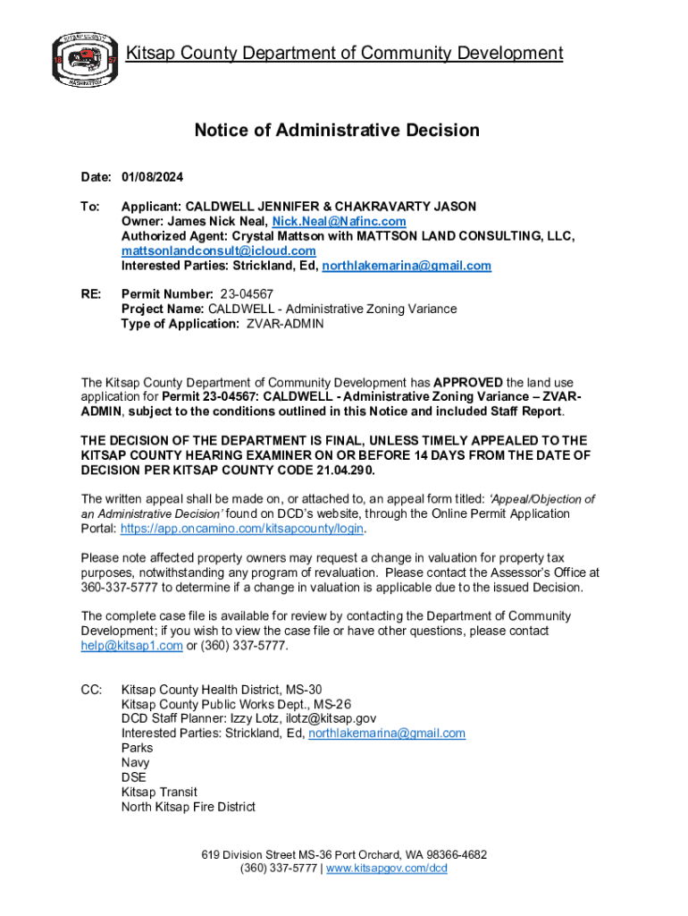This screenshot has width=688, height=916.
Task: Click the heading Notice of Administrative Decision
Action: pos(337,131)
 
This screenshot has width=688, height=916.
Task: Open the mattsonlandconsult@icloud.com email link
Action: pos(219,251)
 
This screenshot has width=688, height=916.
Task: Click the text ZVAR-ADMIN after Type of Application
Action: pos(285,324)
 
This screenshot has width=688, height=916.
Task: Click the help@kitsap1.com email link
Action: pos(131,646)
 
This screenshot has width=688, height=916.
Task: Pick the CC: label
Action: pos(91,690)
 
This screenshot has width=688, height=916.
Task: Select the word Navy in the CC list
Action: pos(135,763)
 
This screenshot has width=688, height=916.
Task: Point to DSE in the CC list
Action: pos(133,777)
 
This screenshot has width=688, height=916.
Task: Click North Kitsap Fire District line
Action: pos(188,807)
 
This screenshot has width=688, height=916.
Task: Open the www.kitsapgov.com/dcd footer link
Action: pos(386,868)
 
